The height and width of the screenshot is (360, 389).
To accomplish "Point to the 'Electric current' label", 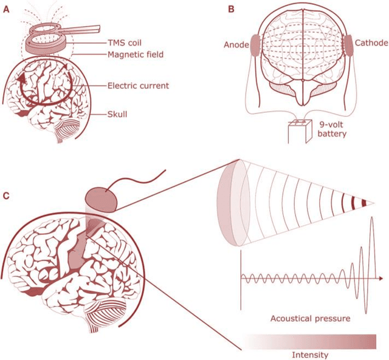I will [137, 86].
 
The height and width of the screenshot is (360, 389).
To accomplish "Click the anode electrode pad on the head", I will [255, 47].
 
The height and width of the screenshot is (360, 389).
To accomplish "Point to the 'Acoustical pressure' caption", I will [311, 318].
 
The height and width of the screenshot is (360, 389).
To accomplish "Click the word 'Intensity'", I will [311, 354].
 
